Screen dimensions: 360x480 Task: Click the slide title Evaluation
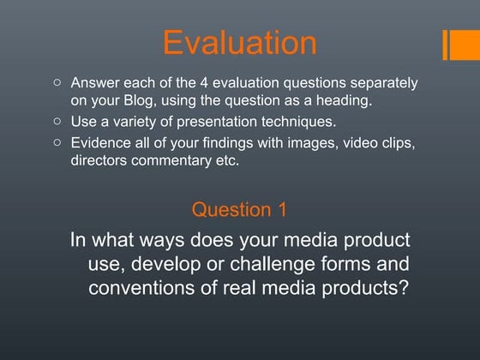[239, 42]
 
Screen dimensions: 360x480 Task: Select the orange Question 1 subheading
[239, 209]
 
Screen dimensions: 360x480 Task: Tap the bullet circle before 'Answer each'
[57, 83]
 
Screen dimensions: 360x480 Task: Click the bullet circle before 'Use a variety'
[57, 121]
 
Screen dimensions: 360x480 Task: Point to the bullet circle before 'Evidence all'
[57, 142]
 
